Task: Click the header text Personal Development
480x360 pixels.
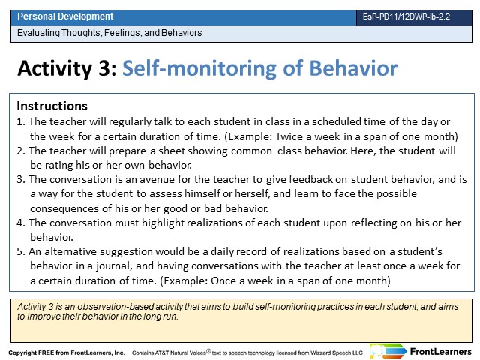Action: (x=65, y=16)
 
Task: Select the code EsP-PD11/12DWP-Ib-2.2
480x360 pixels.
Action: (x=406, y=16)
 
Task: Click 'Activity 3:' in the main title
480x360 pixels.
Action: (x=67, y=68)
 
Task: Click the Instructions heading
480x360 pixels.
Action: (x=52, y=106)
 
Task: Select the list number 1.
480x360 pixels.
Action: (x=21, y=121)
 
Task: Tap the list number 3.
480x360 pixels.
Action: (x=21, y=179)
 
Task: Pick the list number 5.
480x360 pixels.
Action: (x=21, y=252)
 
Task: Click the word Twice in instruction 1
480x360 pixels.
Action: (x=289, y=136)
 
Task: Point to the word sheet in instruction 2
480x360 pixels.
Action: (x=172, y=151)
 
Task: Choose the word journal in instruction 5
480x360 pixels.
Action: (x=114, y=266)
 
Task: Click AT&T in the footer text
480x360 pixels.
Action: (x=162, y=352)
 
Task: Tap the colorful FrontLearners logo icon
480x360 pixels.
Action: (x=388, y=351)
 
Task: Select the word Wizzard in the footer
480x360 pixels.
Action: (x=320, y=352)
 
